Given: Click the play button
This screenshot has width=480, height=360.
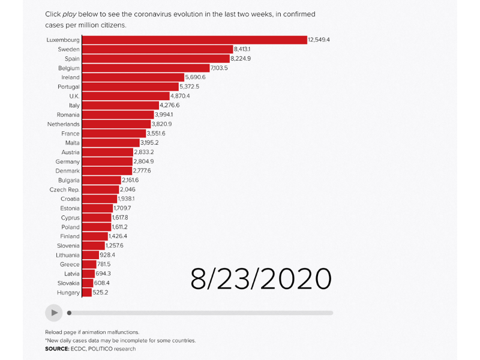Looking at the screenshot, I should point(54,313).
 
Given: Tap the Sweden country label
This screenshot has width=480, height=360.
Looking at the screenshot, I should point(69,49).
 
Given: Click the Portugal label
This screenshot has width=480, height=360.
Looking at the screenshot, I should point(67,86).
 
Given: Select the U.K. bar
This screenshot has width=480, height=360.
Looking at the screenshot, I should point(125,96).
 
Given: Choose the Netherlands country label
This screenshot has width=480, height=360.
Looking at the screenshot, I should point(64,124).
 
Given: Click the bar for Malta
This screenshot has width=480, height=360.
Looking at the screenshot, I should point(110,143).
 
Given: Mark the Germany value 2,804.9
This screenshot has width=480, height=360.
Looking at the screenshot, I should point(144,161).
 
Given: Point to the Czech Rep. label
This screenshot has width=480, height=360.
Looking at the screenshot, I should point(65,190).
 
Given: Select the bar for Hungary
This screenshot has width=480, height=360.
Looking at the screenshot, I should point(87,293).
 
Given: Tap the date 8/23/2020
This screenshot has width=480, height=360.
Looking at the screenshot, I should point(261,279).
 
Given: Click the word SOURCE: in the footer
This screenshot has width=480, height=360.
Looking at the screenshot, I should point(57,349).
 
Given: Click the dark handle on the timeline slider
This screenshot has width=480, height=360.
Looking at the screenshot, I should point(69,313).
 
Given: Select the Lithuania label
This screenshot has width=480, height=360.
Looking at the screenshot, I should point(66,255).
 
